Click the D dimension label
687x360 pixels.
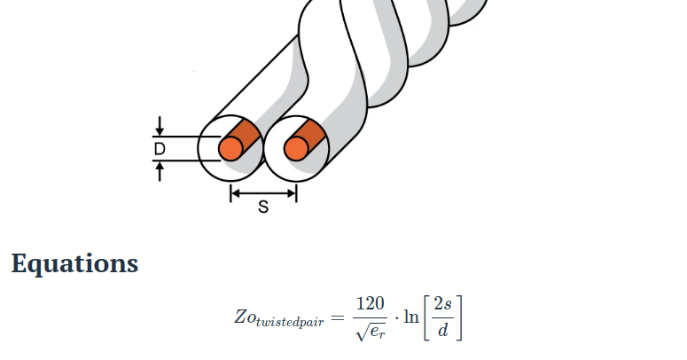pyautogui.click(x=160, y=149)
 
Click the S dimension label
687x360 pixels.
pyautogui.click(x=263, y=207)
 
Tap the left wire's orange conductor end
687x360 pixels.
pyautogui.click(x=230, y=149)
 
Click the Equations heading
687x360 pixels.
pyautogui.click(x=74, y=263)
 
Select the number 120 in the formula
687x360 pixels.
pyautogui.click(x=369, y=304)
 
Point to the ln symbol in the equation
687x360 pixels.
pyautogui.click(x=411, y=317)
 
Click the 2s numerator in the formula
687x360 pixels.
pyautogui.click(x=443, y=304)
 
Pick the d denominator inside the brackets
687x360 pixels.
pyautogui.click(x=443, y=331)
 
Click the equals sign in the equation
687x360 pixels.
pyautogui.click(x=337, y=317)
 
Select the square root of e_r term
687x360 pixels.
pyautogui.click(x=369, y=331)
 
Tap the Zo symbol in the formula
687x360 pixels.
pyautogui.click(x=244, y=317)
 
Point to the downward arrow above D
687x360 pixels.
pyautogui.click(x=160, y=129)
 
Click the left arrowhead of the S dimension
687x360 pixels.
pyautogui.click(x=234, y=192)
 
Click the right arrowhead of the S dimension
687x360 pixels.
pyautogui.click(x=293, y=192)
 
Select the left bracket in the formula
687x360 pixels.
pyautogui.click(x=428, y=317)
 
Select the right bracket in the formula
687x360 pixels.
pyautogui.click(x=458, y=317)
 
